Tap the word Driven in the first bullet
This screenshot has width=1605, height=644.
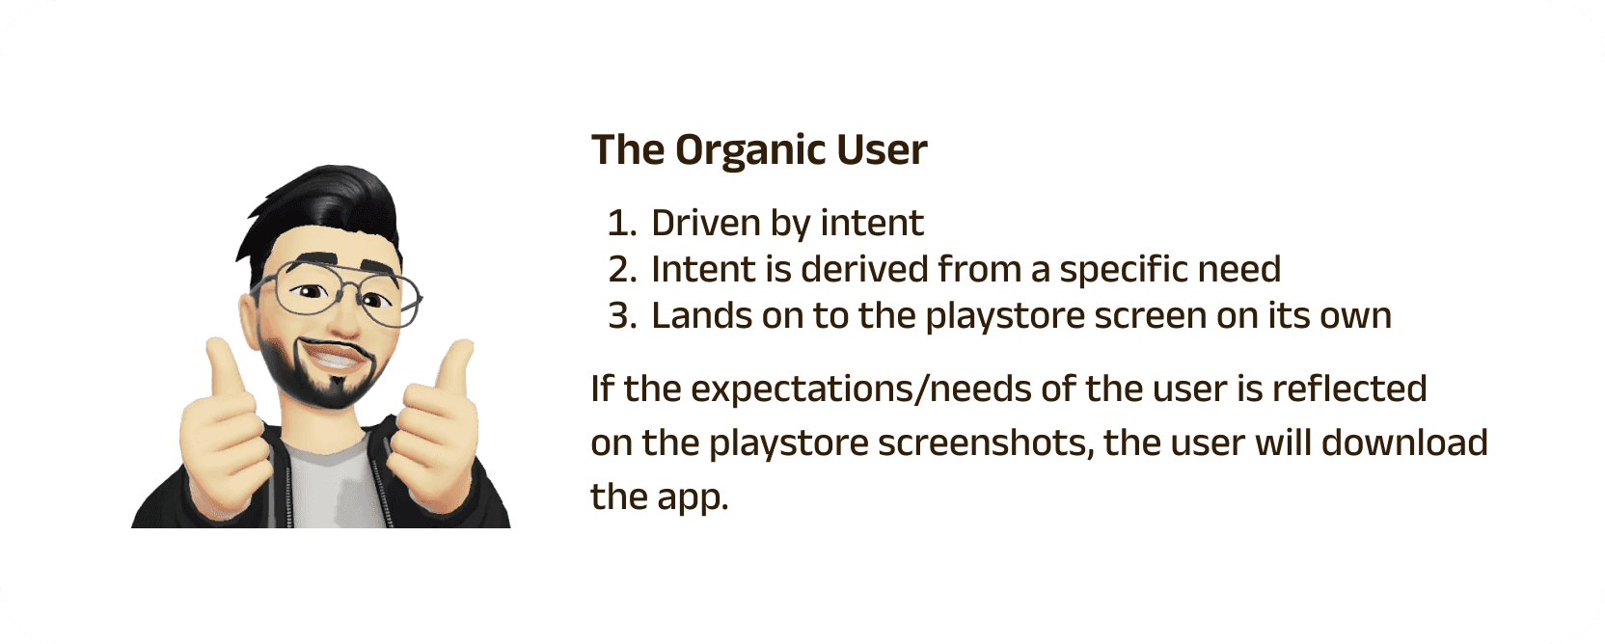click(x=706, y=222)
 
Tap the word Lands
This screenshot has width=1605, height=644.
click(x=701, y=315)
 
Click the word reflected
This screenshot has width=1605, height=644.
click(x=1349, y=389)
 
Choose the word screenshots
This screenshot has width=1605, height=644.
click(x=987, y=443)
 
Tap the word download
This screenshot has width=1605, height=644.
click(x=1404, y=442)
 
